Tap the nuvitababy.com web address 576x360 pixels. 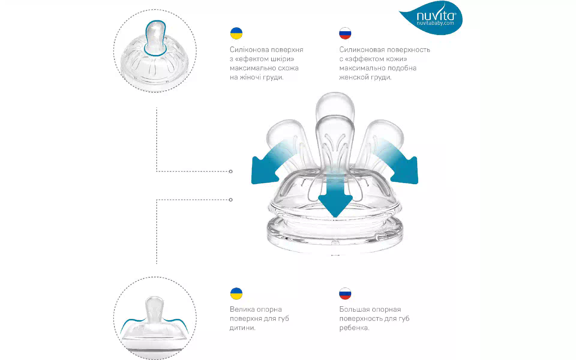(435, 23)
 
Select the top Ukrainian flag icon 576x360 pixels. (236, 33)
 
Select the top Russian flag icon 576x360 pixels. (345, 33)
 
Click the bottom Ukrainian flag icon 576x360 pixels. (236, 294)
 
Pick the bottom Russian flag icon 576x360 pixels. (345, 294)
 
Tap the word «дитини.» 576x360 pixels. (242, 328)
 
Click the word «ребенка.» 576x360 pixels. (354, 328)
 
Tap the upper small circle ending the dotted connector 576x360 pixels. (231, 172)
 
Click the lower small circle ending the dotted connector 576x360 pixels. (231, 200)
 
